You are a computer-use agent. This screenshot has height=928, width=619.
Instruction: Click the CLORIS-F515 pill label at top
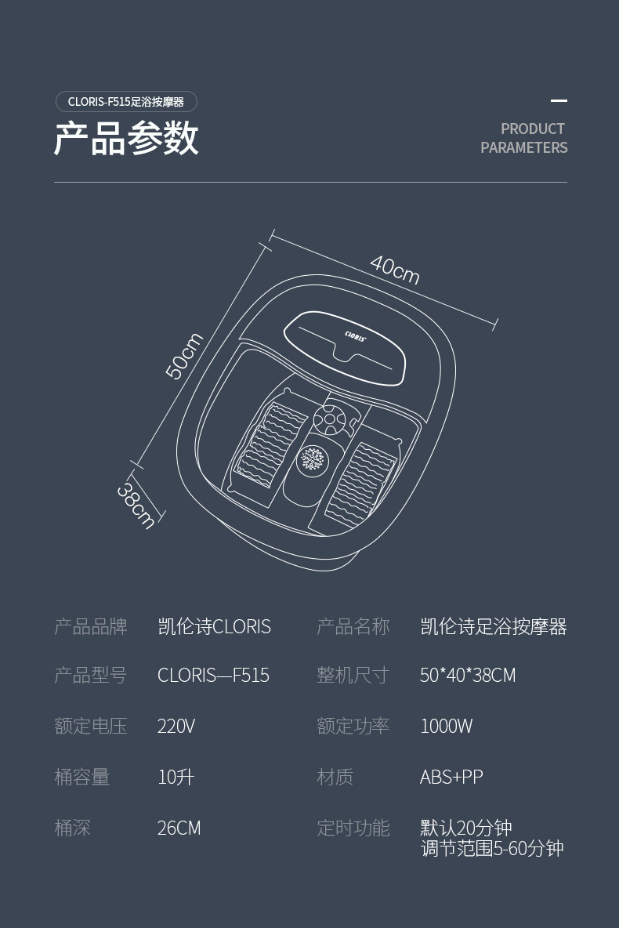tap(125, 102)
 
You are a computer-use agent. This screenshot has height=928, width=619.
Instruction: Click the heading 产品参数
tap(126, 140)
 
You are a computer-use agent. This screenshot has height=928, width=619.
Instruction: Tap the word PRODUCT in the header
tap(533, 129)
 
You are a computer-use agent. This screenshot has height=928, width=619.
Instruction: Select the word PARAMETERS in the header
tap(523, 147)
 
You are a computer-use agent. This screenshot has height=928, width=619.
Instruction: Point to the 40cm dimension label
tap(395, 270)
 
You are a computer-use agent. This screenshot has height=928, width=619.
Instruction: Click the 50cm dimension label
tap(184, 356)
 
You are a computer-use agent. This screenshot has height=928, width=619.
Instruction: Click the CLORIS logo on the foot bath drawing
tap(356, 335)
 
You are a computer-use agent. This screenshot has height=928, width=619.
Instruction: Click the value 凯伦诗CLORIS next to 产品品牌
tap(214, 627)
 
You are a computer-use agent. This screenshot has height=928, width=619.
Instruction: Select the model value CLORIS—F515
tap(213, 676)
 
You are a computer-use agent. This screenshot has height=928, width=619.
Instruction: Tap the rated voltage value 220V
tap(176, 726)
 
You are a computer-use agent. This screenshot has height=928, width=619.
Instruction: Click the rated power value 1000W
tap(446, 726)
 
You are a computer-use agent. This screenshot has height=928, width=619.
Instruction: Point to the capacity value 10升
tap(176, 777)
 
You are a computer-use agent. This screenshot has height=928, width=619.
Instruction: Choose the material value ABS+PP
tap(451, 777)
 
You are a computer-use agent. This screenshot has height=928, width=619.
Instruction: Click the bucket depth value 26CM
tap(179, 828)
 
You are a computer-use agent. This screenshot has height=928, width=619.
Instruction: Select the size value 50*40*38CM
tap(468, 676)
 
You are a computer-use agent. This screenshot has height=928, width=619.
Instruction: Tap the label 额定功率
tap(353, 726)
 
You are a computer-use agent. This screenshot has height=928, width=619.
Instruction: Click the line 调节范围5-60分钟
tap(492, 848)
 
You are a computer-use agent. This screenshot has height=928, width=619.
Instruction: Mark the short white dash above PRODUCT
tap(559, 100)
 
